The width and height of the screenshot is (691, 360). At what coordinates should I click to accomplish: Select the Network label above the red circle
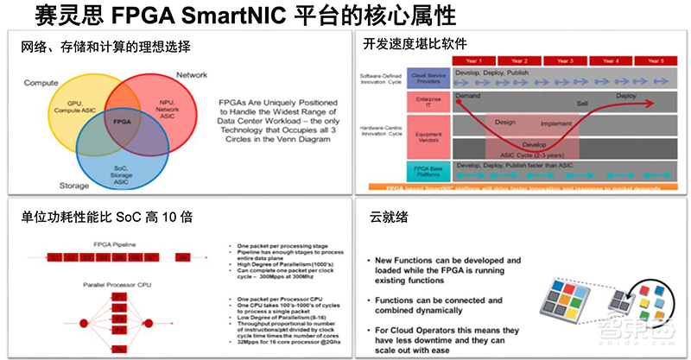[191, 75]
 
